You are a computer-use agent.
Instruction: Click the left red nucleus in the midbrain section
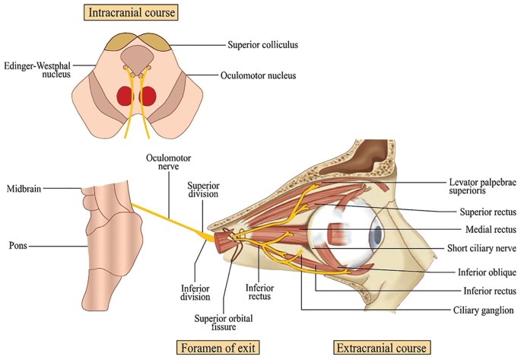[x=124, y=96]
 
